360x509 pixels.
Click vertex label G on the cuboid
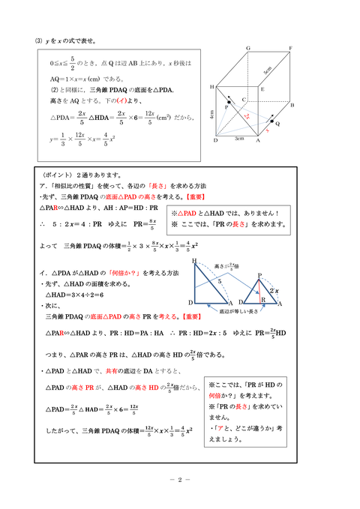point(247,47)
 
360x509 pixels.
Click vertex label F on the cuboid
point(290,47)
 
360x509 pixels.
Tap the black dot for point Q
point(274,121)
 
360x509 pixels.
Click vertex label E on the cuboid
point(261,88)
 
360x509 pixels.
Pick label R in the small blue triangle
point(262,299)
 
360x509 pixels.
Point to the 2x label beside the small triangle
point(274,289)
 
